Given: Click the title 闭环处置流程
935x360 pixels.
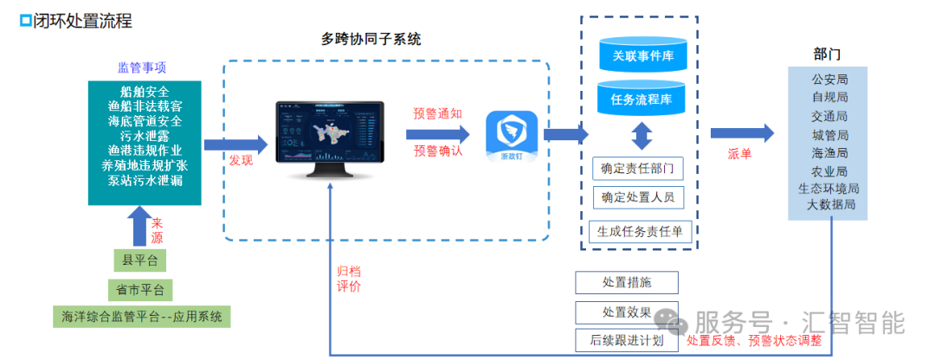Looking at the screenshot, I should tap(82, 21).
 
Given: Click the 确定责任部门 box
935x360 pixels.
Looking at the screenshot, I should tap(636, 168).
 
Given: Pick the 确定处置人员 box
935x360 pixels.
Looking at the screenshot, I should tap(636, 198).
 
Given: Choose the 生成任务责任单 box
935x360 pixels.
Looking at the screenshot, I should tap(640, 231).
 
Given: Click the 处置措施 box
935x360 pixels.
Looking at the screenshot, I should tap(626, 282).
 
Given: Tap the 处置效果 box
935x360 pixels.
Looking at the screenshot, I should tap(626, 312).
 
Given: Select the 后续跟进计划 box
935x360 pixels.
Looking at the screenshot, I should tap(626, 340).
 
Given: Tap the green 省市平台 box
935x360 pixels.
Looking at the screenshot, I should tap(140, 288).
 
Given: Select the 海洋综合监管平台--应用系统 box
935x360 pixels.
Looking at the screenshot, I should tap(142, 317).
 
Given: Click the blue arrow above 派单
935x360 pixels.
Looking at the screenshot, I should tap(742, 132).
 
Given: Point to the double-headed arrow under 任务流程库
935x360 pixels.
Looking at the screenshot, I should tap(642, 136).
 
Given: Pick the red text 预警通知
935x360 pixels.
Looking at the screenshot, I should tap(437, 113).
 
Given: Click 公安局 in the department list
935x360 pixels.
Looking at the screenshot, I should tap(829, 80).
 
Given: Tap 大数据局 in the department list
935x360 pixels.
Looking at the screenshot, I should tap(830, 205).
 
